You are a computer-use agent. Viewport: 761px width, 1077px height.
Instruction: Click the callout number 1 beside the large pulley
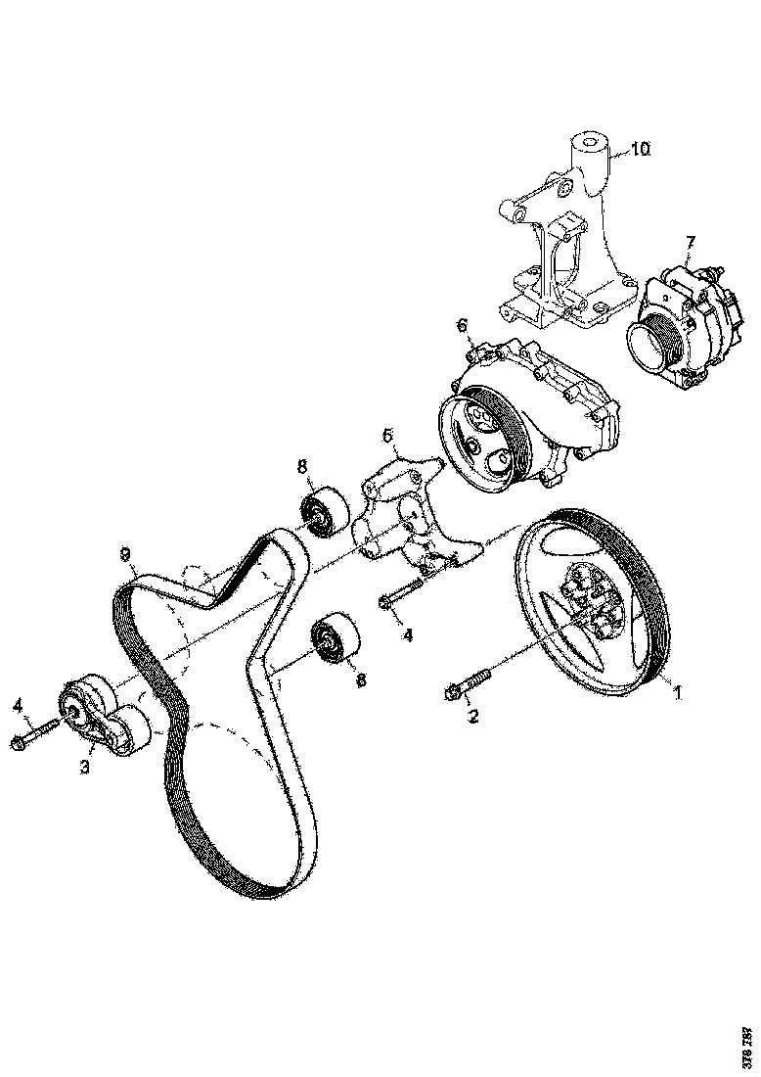(674, 691)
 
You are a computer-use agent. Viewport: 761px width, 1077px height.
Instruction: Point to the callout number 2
(473, 718)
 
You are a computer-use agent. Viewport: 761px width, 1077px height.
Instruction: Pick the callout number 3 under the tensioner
(85, 768)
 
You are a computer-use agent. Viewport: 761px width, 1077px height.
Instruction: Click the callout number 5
(387, 433)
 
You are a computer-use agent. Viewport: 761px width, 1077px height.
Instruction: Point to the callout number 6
(462, 325)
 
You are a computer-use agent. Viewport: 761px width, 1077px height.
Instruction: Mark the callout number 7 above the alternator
(691, 242)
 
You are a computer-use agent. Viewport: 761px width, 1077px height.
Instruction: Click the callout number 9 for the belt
(125, 554)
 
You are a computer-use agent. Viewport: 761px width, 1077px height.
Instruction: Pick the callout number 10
(639, 149)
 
